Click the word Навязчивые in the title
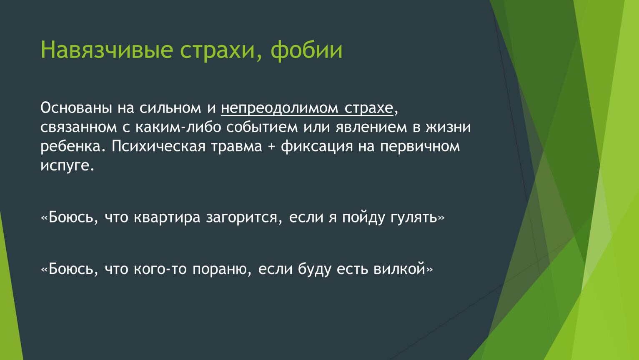(x=107, y=50)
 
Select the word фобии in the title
(x=306, y=50)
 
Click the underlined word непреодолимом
(x=279, y=108)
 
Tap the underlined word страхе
(x=368, y=108)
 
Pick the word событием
(x=262, y=127)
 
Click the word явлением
(x=371, y=127)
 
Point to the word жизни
(x=448, y=127)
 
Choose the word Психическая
(x=158, y=147)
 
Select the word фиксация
(x=317, y=147)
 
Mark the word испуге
(x=68, y=166)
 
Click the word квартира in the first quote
(x=167, y=217)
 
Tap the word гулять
(x=414, y=217)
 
